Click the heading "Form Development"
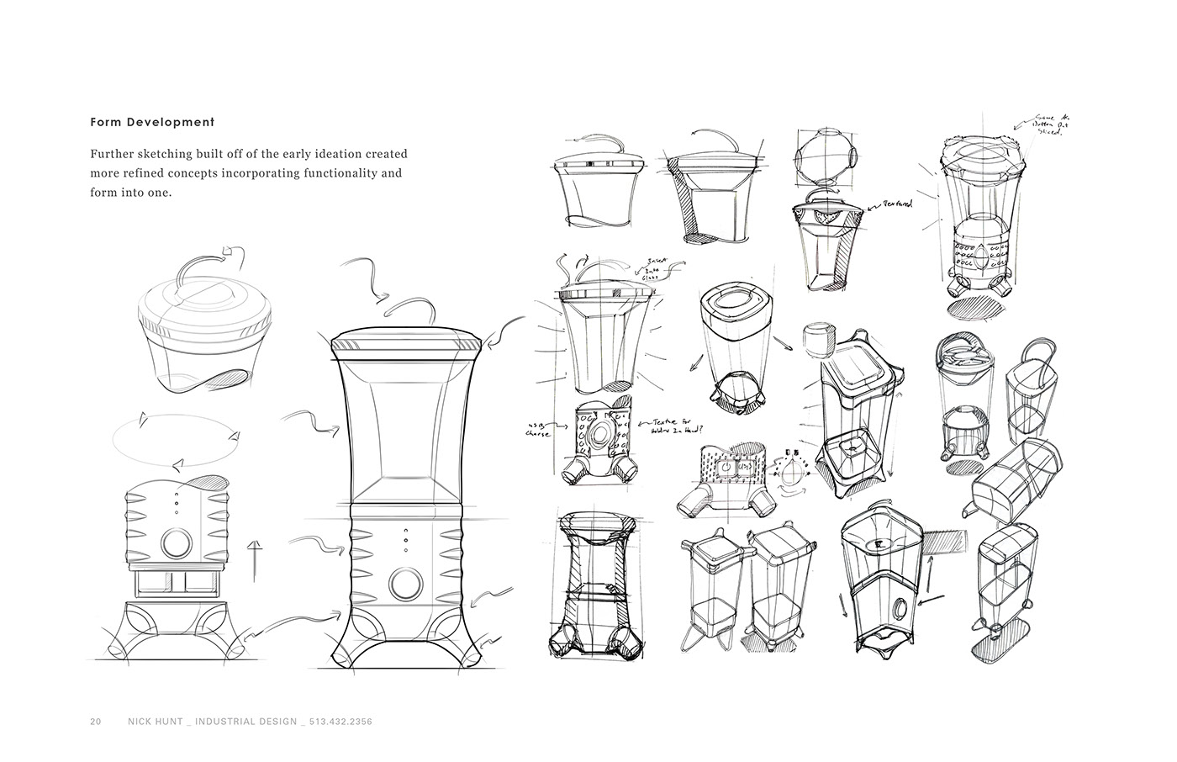pyautogui.click(x=152, y=122)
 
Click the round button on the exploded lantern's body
pyautogui.click(x=177, y=544)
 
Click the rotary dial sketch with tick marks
pyautogui.click(x=789, y=476)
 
